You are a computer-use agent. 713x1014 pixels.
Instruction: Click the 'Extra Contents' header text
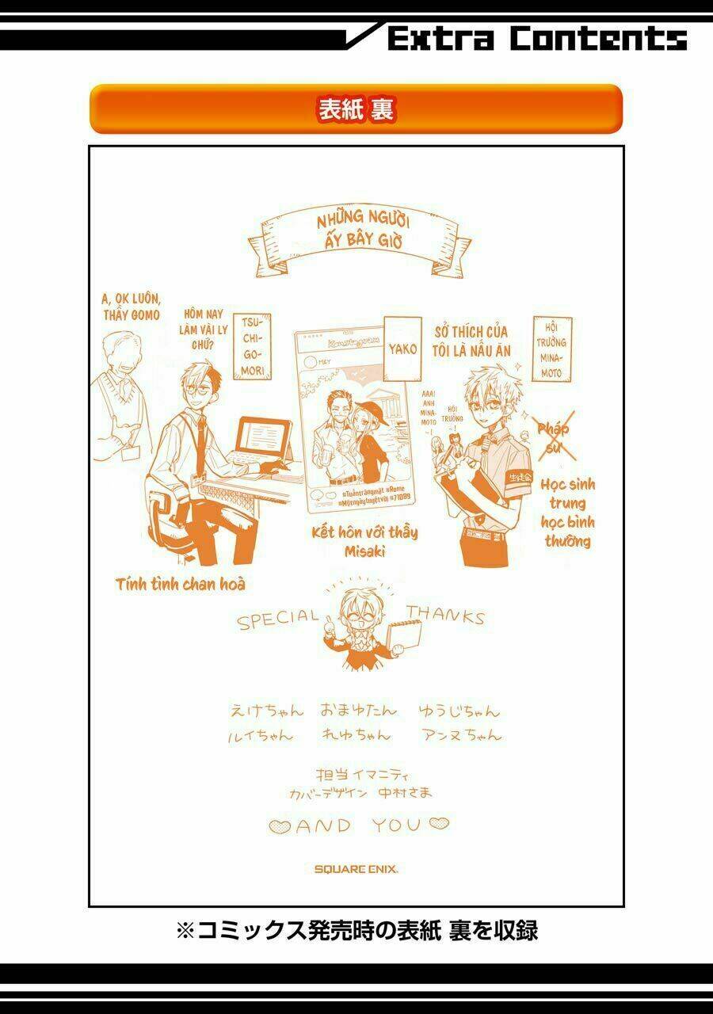(x=536, y=37)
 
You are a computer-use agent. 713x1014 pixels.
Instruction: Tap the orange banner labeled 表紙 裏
(x=356, y=109)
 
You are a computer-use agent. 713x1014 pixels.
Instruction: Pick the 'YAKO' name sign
(x=402, y=348)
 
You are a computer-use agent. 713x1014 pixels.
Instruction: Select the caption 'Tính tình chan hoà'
(x=181, y=585)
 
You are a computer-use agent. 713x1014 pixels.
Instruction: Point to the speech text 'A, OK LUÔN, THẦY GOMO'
(x=132, y=306)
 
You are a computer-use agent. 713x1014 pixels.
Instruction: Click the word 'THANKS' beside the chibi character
(x=445, y=615)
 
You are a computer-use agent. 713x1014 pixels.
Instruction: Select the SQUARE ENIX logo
(x=356, y=868)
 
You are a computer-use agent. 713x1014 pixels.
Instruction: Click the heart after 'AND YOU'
(x=439, y=825)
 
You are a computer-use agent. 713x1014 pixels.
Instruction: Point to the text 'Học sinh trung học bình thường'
(x=568, y=513)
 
